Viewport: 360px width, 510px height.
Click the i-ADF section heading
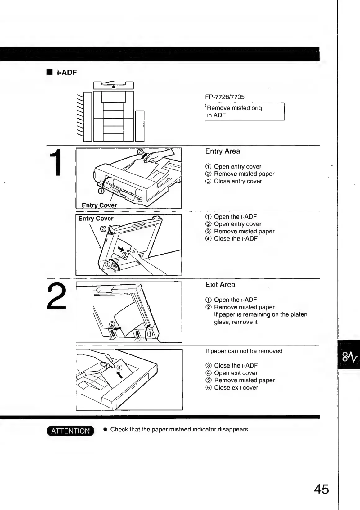tap(66, 73)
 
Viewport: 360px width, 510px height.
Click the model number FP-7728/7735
tap(225, 97)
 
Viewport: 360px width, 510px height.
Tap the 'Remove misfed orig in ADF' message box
tap(245, 112)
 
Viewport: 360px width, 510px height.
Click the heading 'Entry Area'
tap(223, 151)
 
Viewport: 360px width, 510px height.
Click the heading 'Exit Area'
tap(220, 285)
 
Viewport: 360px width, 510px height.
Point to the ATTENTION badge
tap(70, 431)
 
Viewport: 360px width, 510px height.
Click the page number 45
tap(321, 490)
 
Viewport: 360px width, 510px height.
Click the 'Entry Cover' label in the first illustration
tap(99, 205)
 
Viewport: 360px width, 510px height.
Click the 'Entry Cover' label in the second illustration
tap(96, 219)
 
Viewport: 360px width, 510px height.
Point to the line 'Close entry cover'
tap(238, 181)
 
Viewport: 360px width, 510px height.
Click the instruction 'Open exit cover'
tap(236, 373)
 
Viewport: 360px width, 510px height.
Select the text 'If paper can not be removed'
tap(244, 351)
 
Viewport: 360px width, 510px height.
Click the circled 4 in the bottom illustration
tap(119, 368)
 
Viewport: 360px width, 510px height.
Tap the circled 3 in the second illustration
tap(124, 255)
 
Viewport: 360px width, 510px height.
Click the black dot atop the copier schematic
tap(114, 87)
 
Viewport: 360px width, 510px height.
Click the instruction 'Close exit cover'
tap(236, 387)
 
